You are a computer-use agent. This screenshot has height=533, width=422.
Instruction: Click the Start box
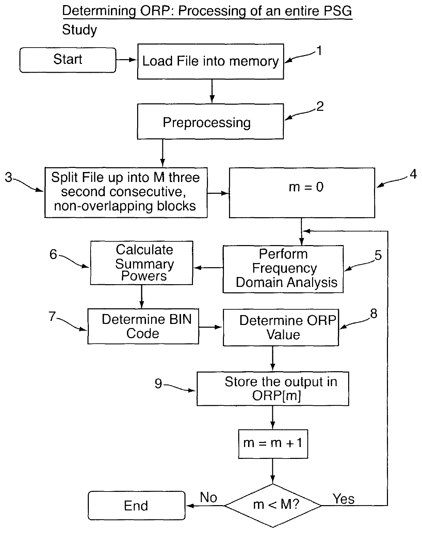(68, 60)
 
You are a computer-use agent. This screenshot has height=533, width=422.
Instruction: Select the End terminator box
(136, 505)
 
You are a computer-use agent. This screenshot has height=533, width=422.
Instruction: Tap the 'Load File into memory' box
(211, 62)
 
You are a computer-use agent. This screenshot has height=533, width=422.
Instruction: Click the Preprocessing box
(211, 121)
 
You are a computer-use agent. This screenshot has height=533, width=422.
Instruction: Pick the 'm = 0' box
(302, 193)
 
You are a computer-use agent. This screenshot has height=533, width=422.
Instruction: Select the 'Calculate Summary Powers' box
(142, 263)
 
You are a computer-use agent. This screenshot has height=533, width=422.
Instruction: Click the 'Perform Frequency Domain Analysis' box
(283, 269)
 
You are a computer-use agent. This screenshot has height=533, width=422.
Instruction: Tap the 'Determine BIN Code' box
(143, 326)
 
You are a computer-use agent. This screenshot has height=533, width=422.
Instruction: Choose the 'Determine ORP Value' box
(281, 327)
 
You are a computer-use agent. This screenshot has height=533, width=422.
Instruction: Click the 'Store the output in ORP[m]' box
(273, 388)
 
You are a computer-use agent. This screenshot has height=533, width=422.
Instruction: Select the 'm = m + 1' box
(273, 444)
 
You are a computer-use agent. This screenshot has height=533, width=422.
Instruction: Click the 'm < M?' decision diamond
(273, 505)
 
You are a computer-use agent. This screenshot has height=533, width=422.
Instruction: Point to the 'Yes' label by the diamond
(343, 499)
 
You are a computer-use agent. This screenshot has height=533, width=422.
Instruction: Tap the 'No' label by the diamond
(209, 497)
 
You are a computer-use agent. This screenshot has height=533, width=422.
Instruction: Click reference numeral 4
(413, 174)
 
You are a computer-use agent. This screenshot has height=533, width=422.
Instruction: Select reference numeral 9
(158, 383)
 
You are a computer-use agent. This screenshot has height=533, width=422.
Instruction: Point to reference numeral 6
(53, 254)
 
